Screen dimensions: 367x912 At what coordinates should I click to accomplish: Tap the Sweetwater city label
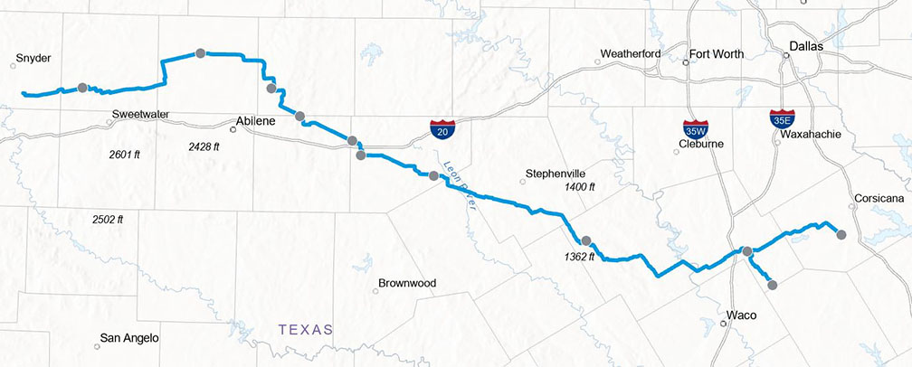pos(141,115)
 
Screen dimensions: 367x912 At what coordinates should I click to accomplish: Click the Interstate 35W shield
pos(696,129)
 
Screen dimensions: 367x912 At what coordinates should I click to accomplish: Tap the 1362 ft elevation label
pos(579,256)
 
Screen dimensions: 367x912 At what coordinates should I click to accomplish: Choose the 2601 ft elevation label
pos(123,155)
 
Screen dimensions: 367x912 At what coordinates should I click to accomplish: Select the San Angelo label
pos(129,338)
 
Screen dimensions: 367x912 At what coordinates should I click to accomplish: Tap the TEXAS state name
pos(306,329)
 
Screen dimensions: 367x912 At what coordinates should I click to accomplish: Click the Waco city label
pos(741,315)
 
